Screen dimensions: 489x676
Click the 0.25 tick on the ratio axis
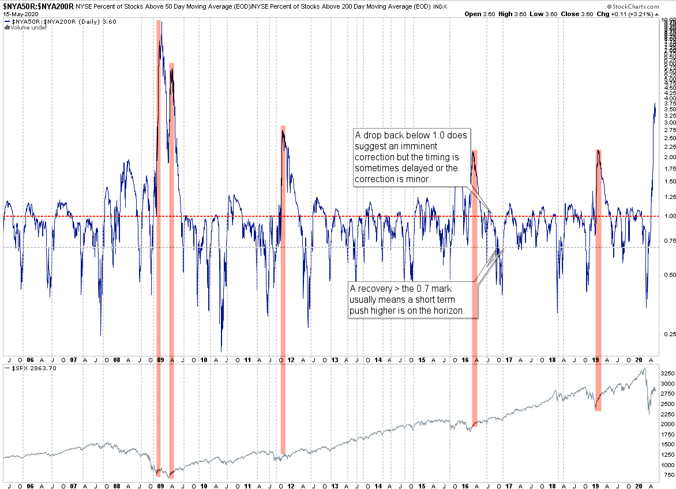pyautogui.click(x=668, y=334)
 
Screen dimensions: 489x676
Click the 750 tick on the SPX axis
pyautogui.click(x=668, y=475)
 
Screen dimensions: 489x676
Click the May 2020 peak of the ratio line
pyautogui.click(x=655, y=104)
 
